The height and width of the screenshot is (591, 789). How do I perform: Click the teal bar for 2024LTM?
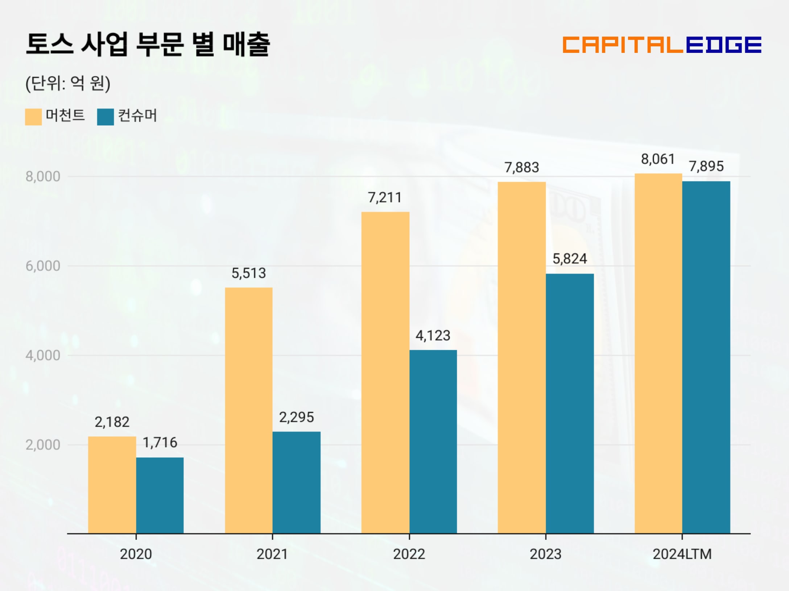pyautogui.click(x=706, y=357)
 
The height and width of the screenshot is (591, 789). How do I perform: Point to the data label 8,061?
pyautogui.click(x=658, y=159)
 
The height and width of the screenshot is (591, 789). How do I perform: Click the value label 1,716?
pyautogui.click(x=160, y=443)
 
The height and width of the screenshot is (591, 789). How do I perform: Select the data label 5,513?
pyautogui.click(x=249, y=273)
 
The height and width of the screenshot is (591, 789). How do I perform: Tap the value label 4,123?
pyautogui.click(x=433, y=336)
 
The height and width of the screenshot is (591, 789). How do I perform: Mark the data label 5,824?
pyautogui.click(x=570, y=259)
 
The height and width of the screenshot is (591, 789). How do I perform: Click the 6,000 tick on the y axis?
pyautogui.click(x=43, y=266)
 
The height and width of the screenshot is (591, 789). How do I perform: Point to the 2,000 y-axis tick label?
pyautogui.click(x=43, y=445)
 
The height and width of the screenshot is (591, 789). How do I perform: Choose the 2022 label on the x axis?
pyautogui.click(x=409, y=554)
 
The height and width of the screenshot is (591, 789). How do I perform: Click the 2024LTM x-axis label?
pyautogui.click(x=682, y=554)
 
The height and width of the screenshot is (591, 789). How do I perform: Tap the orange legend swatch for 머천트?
pyautogui.click(x=33, y=117)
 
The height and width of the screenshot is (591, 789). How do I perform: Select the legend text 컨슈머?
pyautogui.click(x=138, y=116)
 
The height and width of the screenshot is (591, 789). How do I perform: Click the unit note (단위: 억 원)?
pyautogui.click(x=68, y=84)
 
